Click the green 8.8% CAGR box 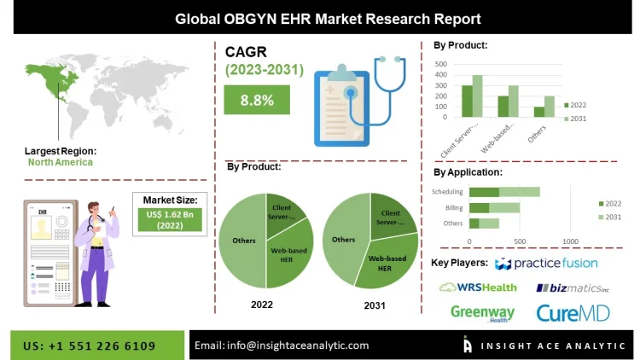coord(257,101)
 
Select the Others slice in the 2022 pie coord(242,241)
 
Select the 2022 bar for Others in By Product coord(538,111)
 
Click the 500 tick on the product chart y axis coord(441,64)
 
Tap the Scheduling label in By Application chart coord(447,192)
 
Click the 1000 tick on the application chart coord(571,241)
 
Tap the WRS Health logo coord(478,287)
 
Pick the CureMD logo coord(573,313)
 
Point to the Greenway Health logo coord(482,314)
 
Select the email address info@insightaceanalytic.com coord(282,345)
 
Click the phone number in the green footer coord(90,345)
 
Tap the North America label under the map coord(60,162)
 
